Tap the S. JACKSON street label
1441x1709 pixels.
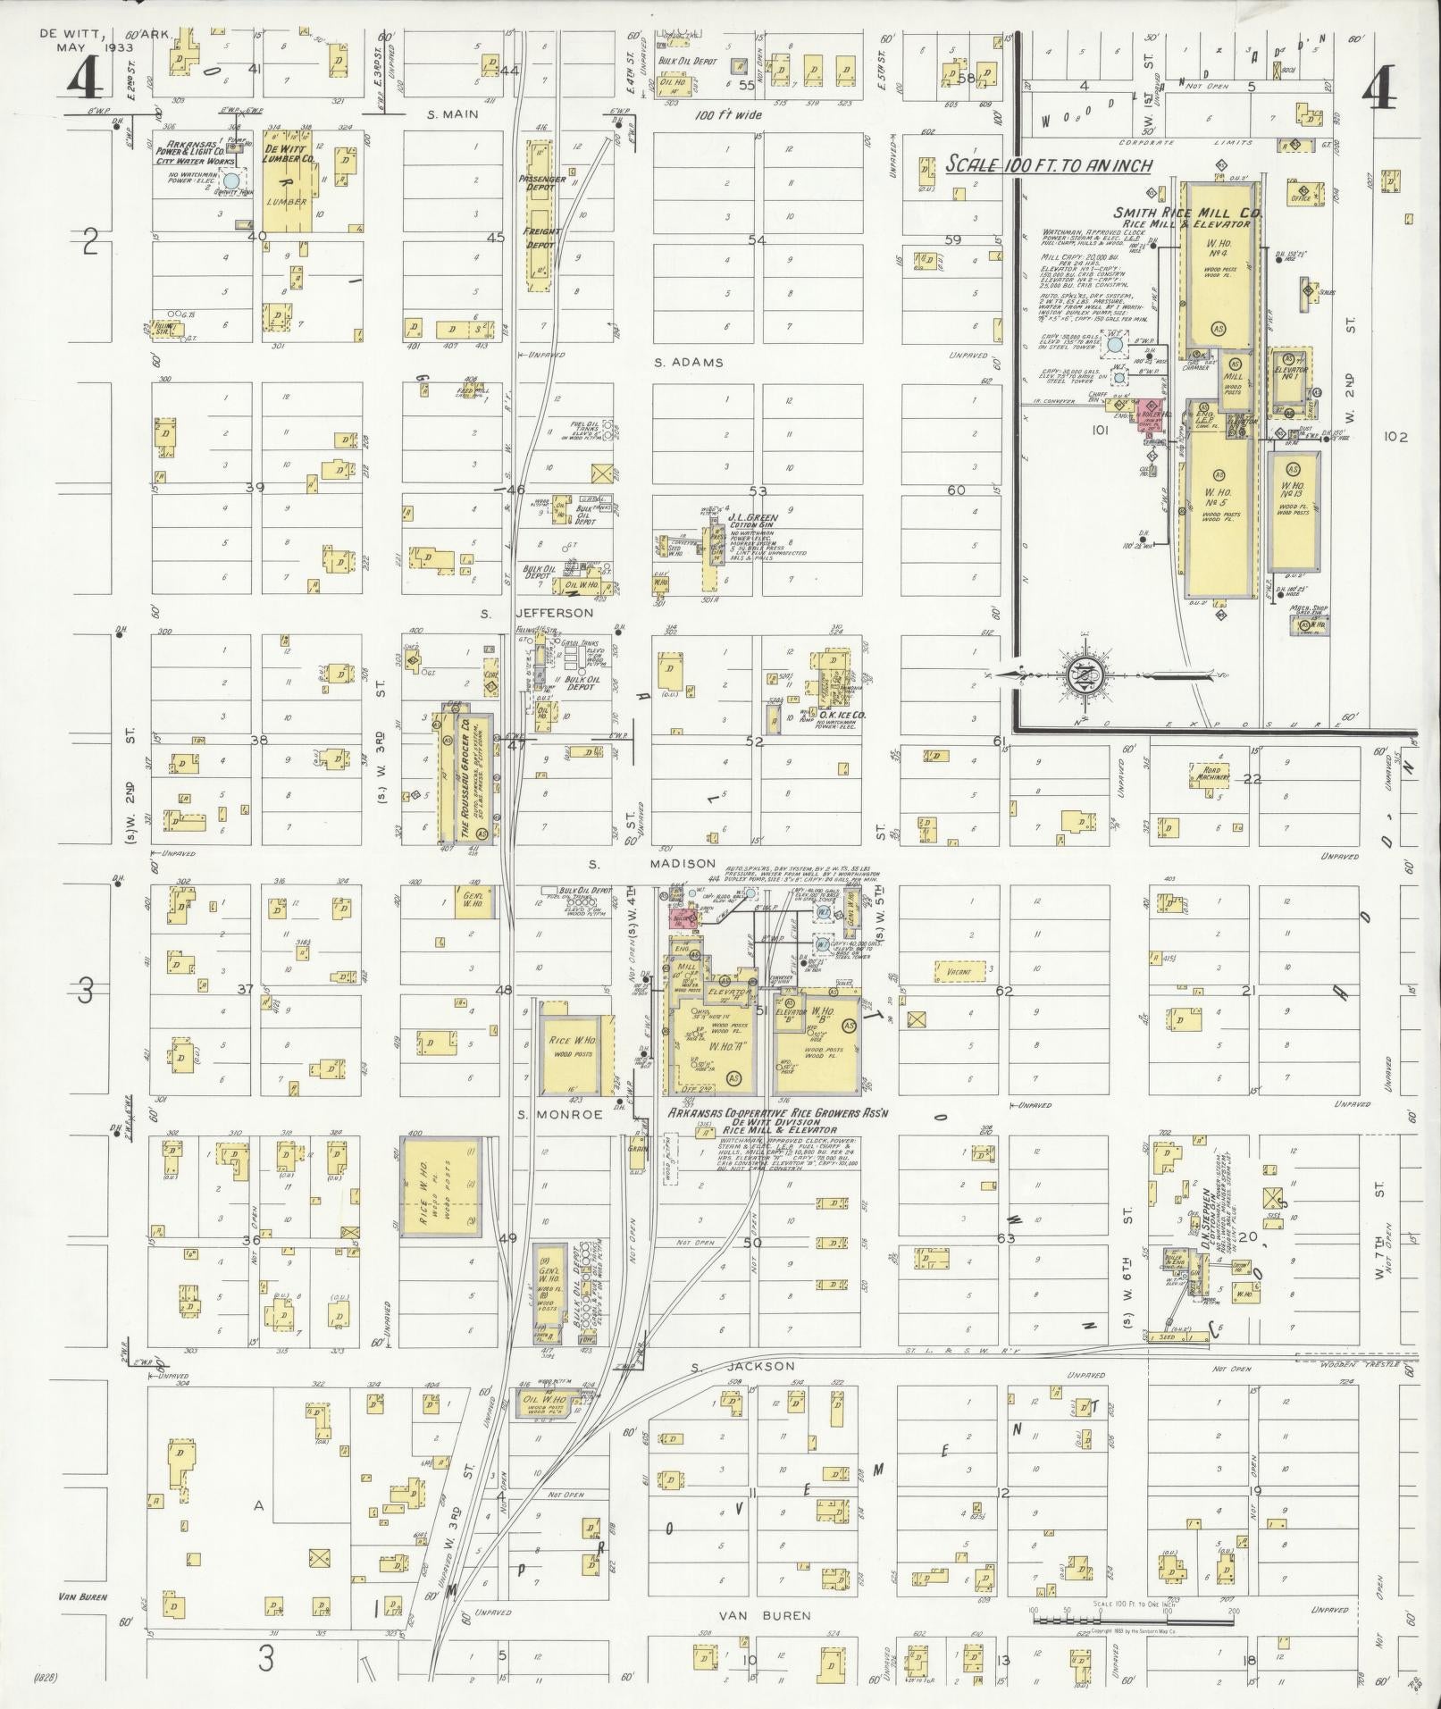click(742, 1392)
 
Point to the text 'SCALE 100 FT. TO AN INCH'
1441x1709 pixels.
click(1049, 165)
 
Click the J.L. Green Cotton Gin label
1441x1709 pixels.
click(752, 522)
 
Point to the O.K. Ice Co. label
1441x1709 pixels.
click(835, 715)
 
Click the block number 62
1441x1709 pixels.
click(1005, 991)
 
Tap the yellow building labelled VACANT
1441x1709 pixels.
click(959, 970)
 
